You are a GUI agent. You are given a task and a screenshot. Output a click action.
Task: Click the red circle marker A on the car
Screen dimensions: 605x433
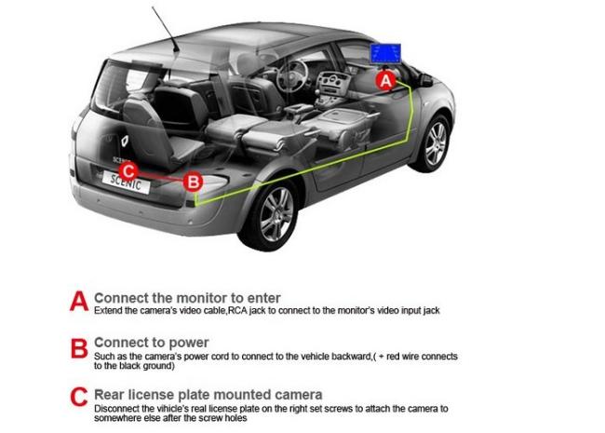(386, 81)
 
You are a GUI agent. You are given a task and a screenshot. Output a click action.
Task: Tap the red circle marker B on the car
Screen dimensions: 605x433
(193, 182)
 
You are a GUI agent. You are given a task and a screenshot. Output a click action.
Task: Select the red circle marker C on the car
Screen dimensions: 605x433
(128, 171)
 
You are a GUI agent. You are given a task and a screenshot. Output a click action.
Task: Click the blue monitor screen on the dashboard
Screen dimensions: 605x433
(385, 53)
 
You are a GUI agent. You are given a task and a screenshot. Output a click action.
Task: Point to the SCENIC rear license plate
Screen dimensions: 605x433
(127, 183)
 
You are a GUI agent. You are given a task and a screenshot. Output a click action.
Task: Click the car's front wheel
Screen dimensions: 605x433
(436, 143)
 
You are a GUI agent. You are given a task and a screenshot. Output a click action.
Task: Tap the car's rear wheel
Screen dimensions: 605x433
(274, 214)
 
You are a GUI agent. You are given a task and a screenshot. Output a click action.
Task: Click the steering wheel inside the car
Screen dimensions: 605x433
(291, 75)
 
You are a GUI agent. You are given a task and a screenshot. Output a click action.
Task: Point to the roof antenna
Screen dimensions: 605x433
(166, 29)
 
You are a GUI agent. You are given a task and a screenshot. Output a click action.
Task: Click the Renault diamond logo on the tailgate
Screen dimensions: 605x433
(125, 142)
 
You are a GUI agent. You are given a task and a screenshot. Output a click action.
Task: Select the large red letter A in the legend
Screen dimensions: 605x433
(79, 302)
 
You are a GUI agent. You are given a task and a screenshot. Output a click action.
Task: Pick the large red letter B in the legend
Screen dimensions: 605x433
(79, 348)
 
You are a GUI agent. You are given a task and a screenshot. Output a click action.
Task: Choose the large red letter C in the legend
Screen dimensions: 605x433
(79, 397)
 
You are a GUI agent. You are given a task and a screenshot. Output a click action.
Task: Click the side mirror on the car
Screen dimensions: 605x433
(425, 80)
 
